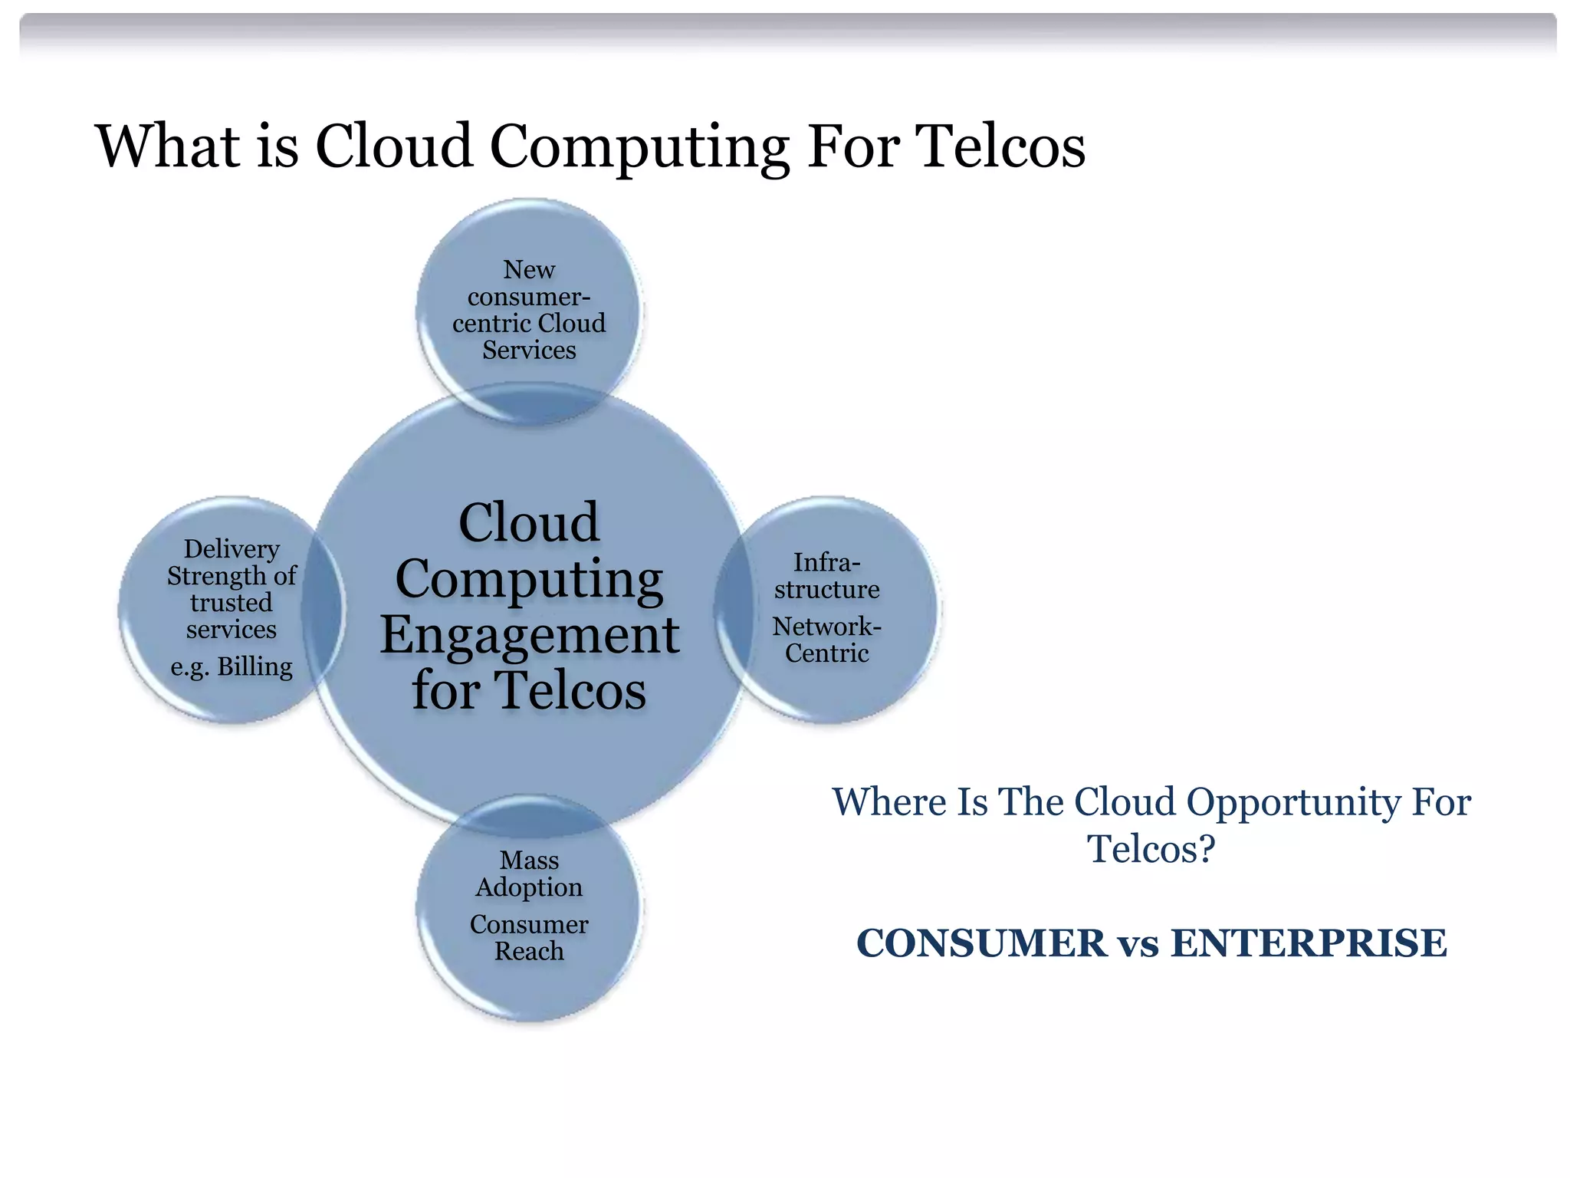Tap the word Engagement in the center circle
[530, 635]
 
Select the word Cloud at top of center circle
[529, 523]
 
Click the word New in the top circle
[529, 270]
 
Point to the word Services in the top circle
[529, 350]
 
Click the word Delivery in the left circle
[232, 549]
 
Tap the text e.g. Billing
[232, 666]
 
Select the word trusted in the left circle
[232, 603]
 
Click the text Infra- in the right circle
[826, 562]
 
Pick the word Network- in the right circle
[826, 627]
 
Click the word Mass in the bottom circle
[529, 860]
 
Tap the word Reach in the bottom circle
[529, 952]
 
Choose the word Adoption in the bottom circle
[529, 887]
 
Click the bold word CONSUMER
[981, 943]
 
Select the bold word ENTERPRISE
[1309, 943]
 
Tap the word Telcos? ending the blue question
[1151, 849]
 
